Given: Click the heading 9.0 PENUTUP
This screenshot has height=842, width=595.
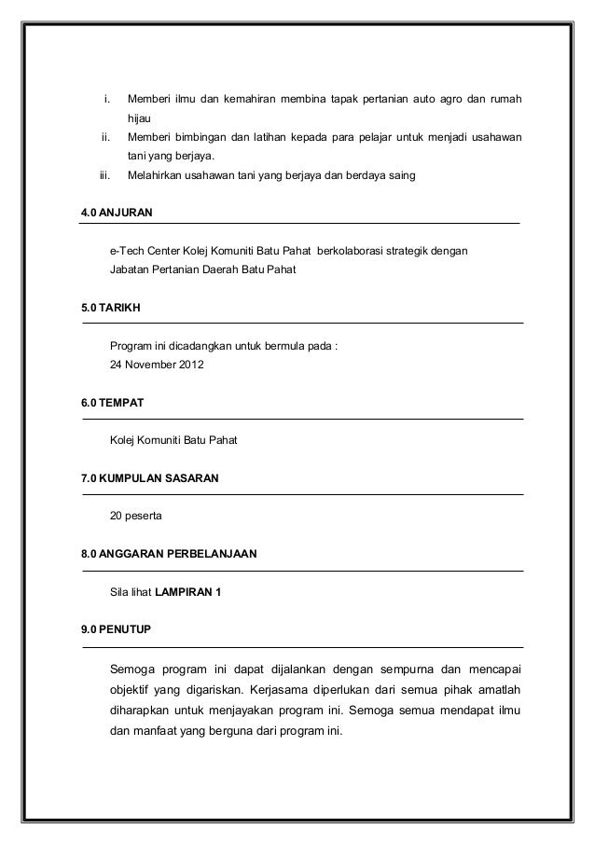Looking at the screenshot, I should coord(117,630).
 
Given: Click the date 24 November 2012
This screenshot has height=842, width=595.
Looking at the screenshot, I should coord(157,365).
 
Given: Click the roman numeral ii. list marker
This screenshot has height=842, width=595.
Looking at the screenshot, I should coord(106,137).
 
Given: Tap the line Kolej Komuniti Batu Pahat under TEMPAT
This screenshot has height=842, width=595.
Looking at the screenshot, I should coord(173,440).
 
